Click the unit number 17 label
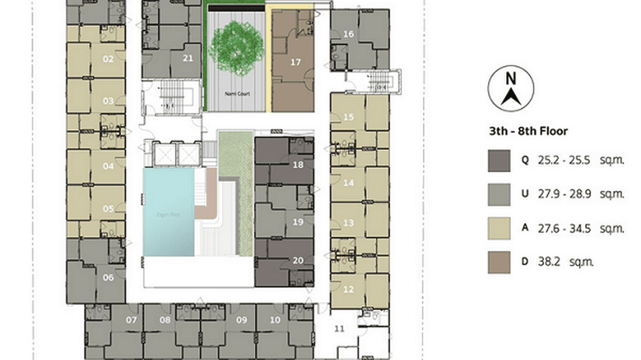pos(295,62)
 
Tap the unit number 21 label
pos(188,58)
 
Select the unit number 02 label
pos(108,59)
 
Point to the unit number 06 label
pos(108,277)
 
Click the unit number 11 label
pos(339,328)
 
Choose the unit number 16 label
pos(348,34)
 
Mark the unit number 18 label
pos(298,165)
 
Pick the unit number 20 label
pos(298,261)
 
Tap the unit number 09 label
pos(241,320)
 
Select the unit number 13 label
pos(348,223)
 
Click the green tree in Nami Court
pos(236,46)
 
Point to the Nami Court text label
pos(237,94)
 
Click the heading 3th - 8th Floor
pos(528,131)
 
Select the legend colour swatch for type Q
pos(499,161)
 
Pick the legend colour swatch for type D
pos(499,262)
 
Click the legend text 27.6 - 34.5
pos(564,229)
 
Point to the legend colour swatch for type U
pos(499,195)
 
